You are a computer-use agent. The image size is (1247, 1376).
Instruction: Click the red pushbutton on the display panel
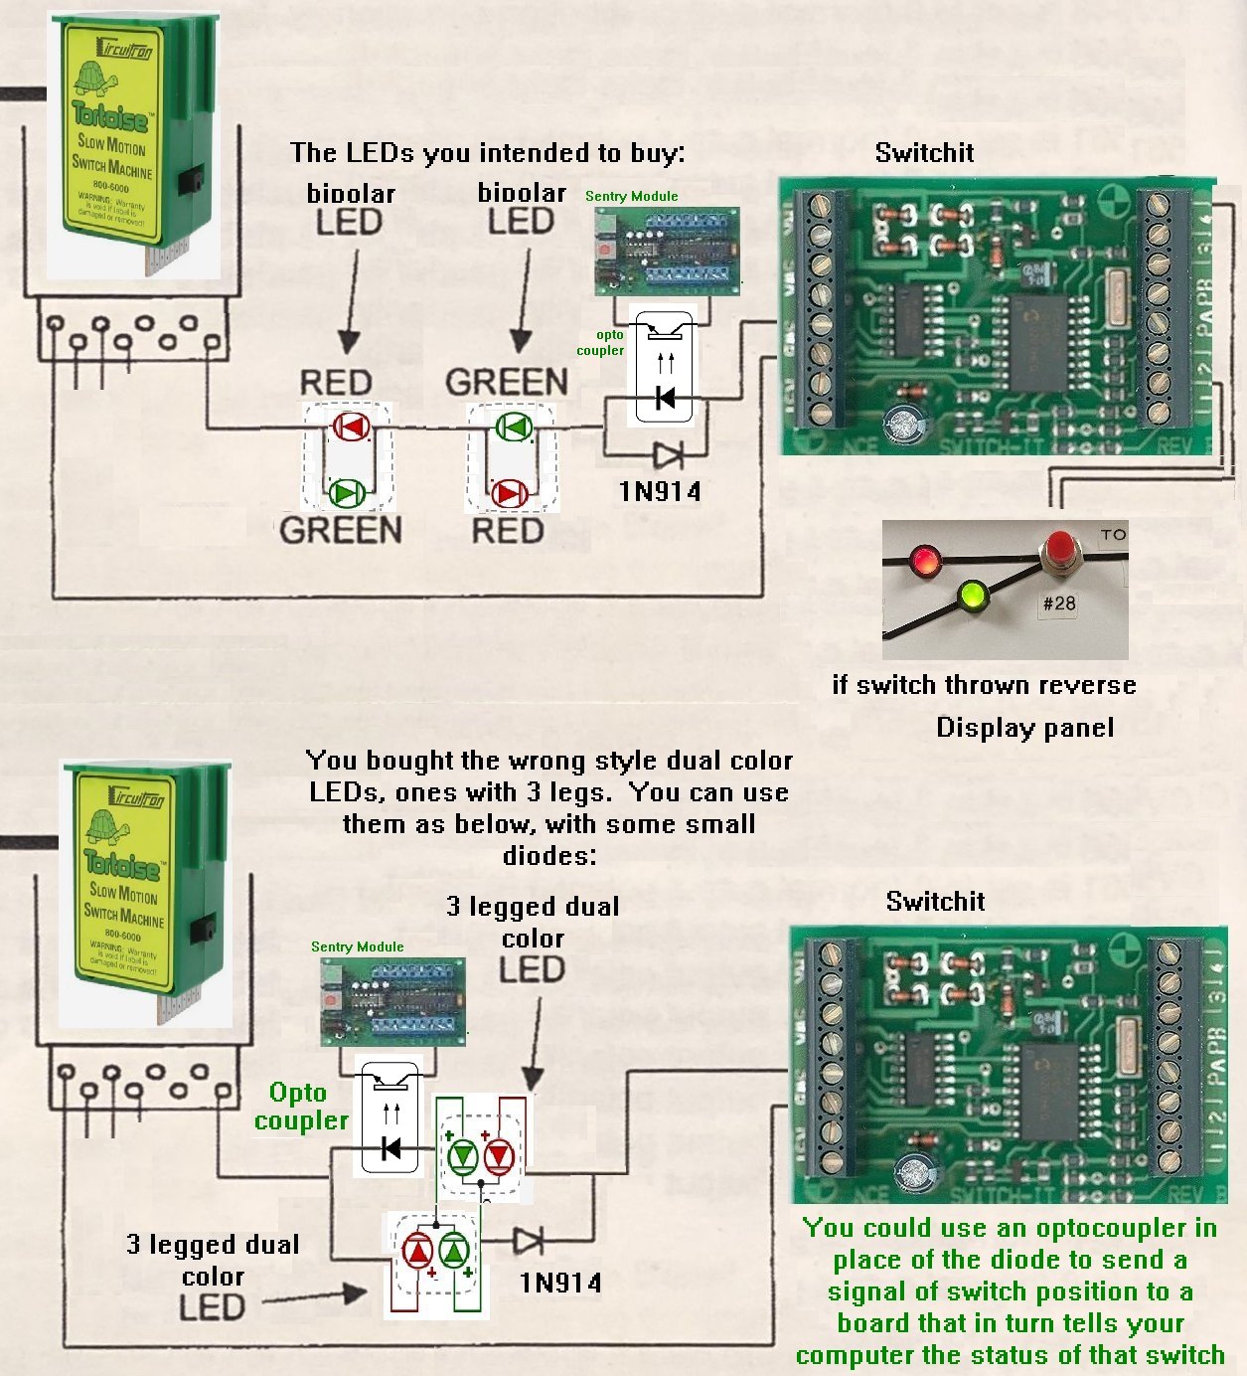tap(1059, 548)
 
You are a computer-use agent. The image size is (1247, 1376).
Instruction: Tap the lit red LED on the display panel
tap(925, 559)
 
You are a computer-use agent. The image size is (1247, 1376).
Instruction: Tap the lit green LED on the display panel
tap(971, 596)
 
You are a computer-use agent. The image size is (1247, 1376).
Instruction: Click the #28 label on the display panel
tap(1059, 603)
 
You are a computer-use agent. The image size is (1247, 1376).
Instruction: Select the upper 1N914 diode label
tap(660, 491)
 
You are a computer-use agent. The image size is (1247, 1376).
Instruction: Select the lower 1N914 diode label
tap(560, 1283)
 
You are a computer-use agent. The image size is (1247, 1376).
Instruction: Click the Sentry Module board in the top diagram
tap(667, 252)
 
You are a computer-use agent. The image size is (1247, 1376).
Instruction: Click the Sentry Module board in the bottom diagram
tap(392, 1001)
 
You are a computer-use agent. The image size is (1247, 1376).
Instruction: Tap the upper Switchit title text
tap(924, 153)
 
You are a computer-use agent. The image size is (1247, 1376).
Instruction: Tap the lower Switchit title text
tap(935, 902)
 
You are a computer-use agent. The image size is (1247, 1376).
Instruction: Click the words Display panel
tap(1024, 728)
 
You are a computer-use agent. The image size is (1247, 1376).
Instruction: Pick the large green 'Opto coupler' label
tap(300, 1107)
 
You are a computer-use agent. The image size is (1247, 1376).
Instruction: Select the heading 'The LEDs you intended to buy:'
tap(487, 153)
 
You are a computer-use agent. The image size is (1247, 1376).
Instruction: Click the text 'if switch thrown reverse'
tap(984, 685)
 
